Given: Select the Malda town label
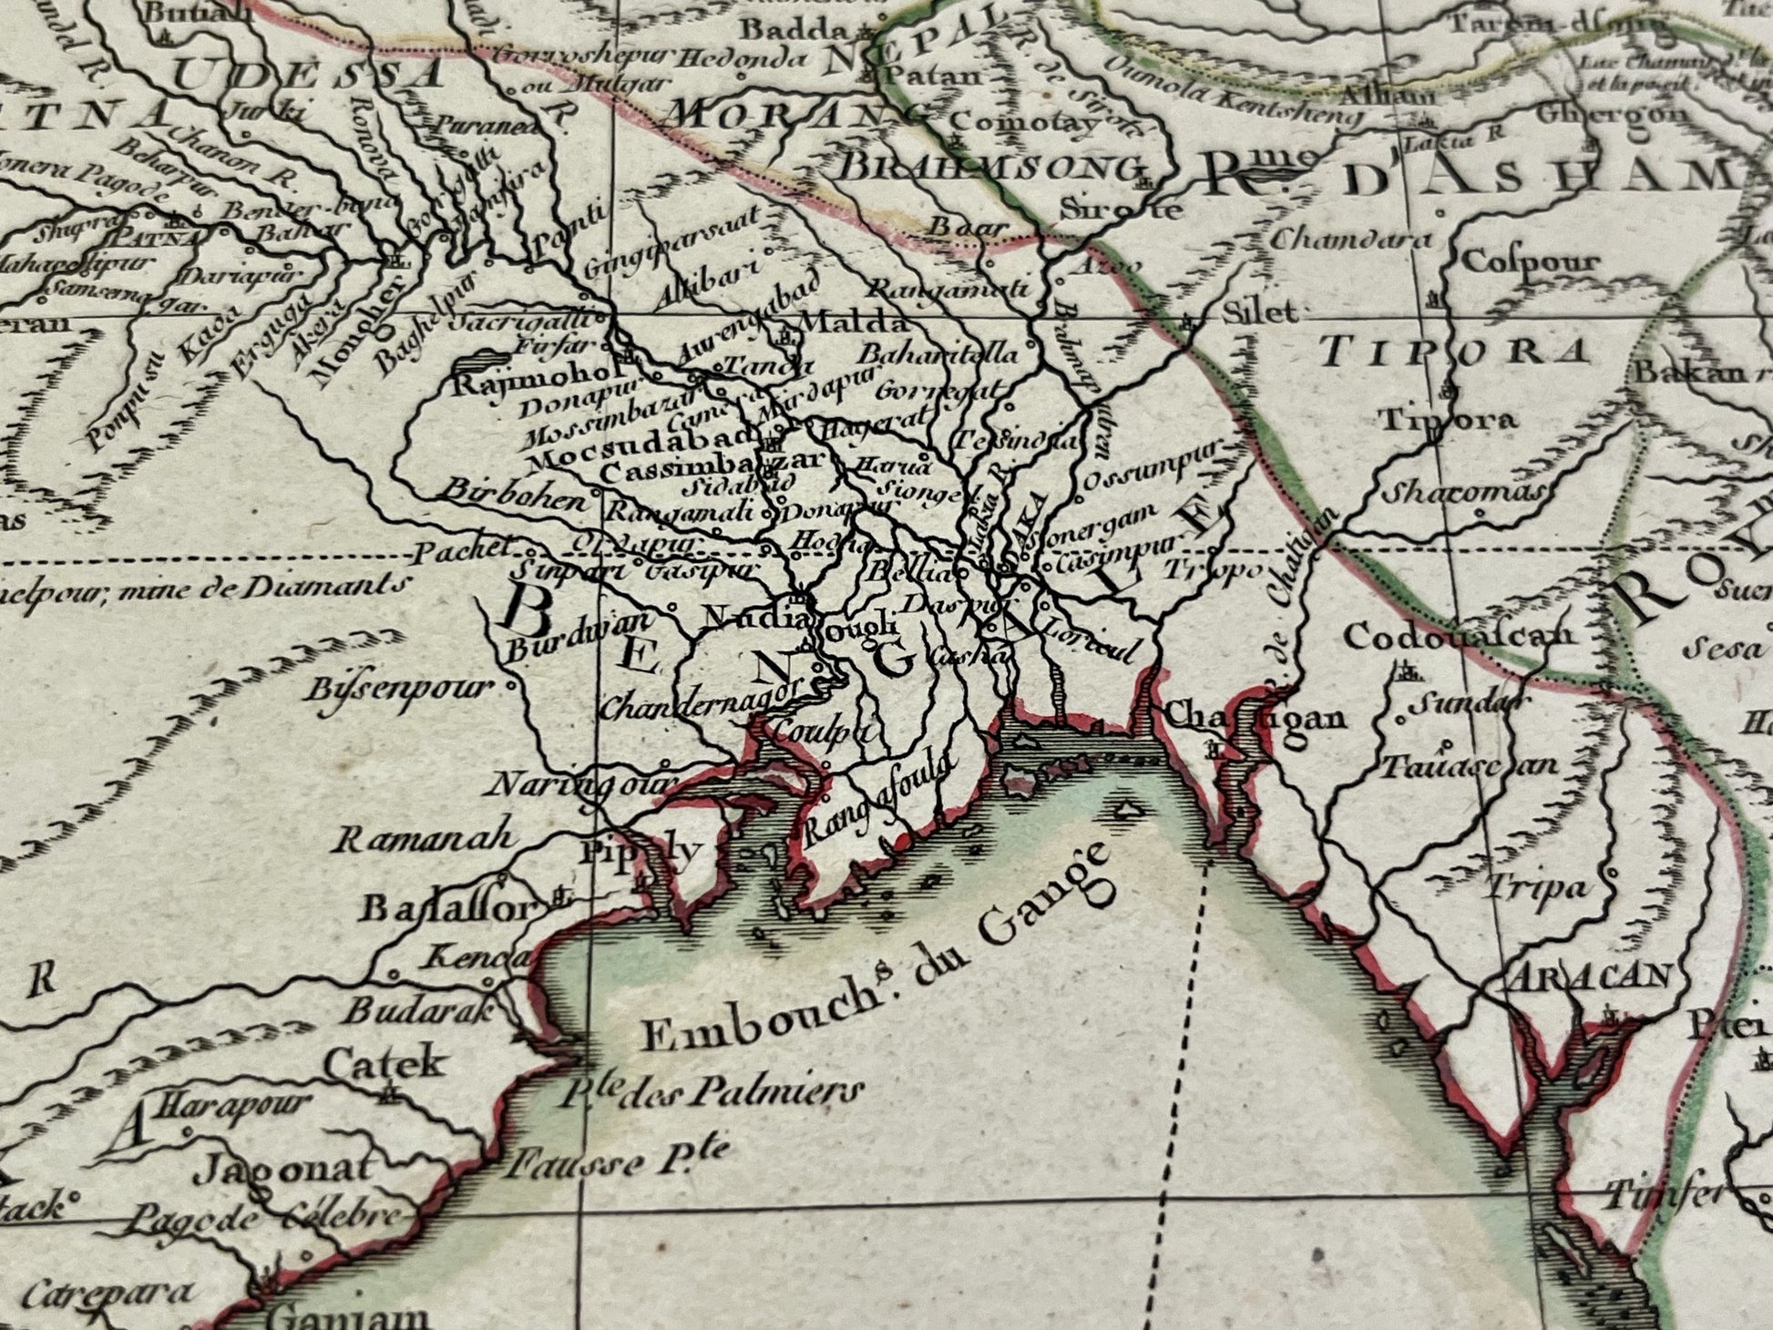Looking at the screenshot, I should (852, 323).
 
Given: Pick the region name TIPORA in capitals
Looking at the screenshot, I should (1455, 351).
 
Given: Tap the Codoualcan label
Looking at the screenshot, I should (1459, 635).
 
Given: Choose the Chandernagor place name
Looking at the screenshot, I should (702, 701).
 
